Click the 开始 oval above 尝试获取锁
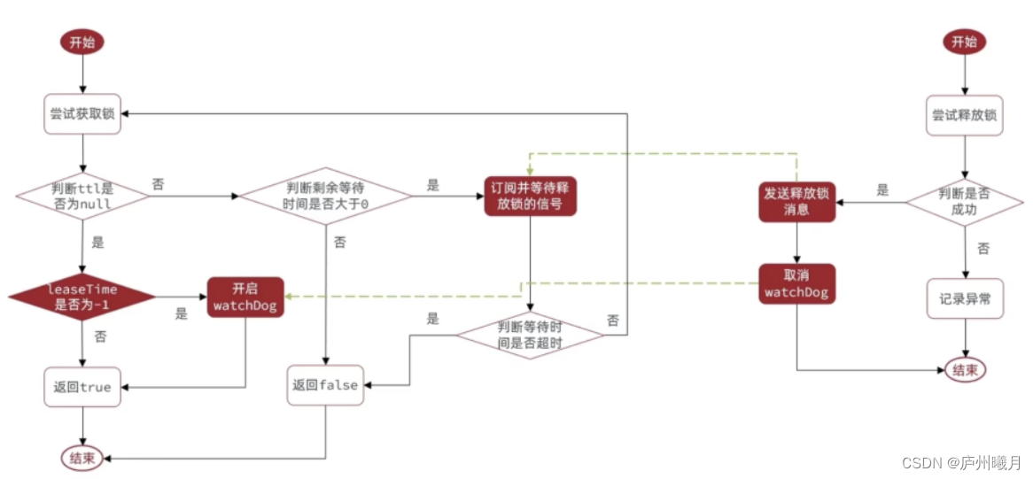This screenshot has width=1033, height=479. coord(82,42)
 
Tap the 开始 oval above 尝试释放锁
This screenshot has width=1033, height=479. coord(964,42)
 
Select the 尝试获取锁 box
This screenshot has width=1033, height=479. coord(82,114)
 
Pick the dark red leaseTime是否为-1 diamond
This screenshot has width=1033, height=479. coord(82,297)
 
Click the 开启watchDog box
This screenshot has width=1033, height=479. coord(245,297)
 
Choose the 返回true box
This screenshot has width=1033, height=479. coord(82,387)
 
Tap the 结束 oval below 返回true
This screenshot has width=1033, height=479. coord(82,458)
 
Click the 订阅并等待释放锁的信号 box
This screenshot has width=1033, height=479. coord(531,196)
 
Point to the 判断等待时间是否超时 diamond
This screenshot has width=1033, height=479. coord(530,335)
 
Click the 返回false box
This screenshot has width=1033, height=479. coord(326,385)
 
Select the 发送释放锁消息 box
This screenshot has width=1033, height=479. coord(796,203)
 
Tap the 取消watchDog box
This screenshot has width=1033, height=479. coord(796,283)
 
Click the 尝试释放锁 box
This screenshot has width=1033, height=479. coord(965,114)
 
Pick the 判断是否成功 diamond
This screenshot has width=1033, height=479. coord(965,203)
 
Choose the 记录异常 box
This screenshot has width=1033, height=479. coord(965,298)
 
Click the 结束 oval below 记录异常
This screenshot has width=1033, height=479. coord(965,370)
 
